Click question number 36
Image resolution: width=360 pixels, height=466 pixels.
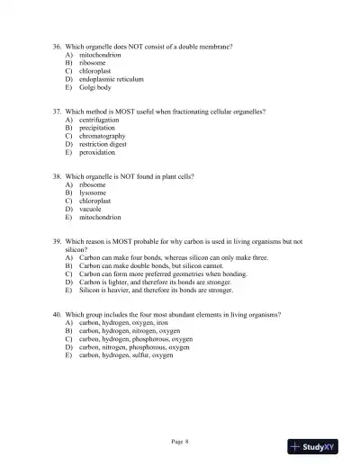click(x=58, y=46)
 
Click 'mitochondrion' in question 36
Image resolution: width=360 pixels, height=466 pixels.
click(x=100, y=55)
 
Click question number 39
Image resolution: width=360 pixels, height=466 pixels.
click(x=58, y=241)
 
